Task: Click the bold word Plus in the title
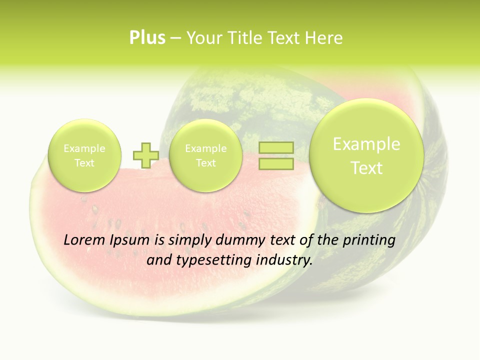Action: coord(147,38)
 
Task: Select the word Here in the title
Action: coord(325,38)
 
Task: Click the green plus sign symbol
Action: coord(145,155)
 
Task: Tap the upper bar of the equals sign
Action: coord(275,148)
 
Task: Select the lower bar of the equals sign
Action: coord(275,164)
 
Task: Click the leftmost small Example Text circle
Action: coord(84,155)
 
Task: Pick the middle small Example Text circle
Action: coord(205,155)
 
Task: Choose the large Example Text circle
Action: coord(366,155)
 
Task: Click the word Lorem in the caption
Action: coord(84,240)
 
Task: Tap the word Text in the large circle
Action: coord(366,168)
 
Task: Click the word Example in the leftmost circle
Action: coord(84,148)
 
